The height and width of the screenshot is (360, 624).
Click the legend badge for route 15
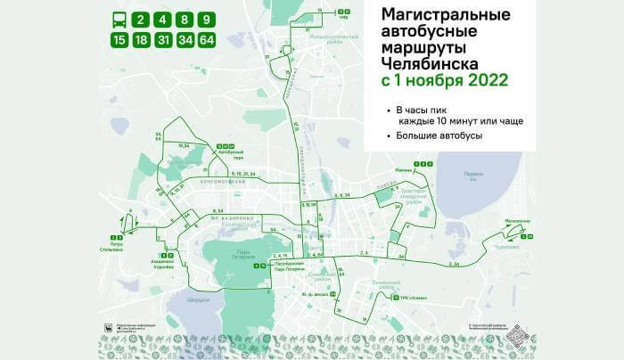(119, 39)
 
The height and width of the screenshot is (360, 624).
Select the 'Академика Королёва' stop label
(160, 265)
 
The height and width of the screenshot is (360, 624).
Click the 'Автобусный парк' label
(230, 153)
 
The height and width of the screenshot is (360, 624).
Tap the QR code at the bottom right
(518, 337)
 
